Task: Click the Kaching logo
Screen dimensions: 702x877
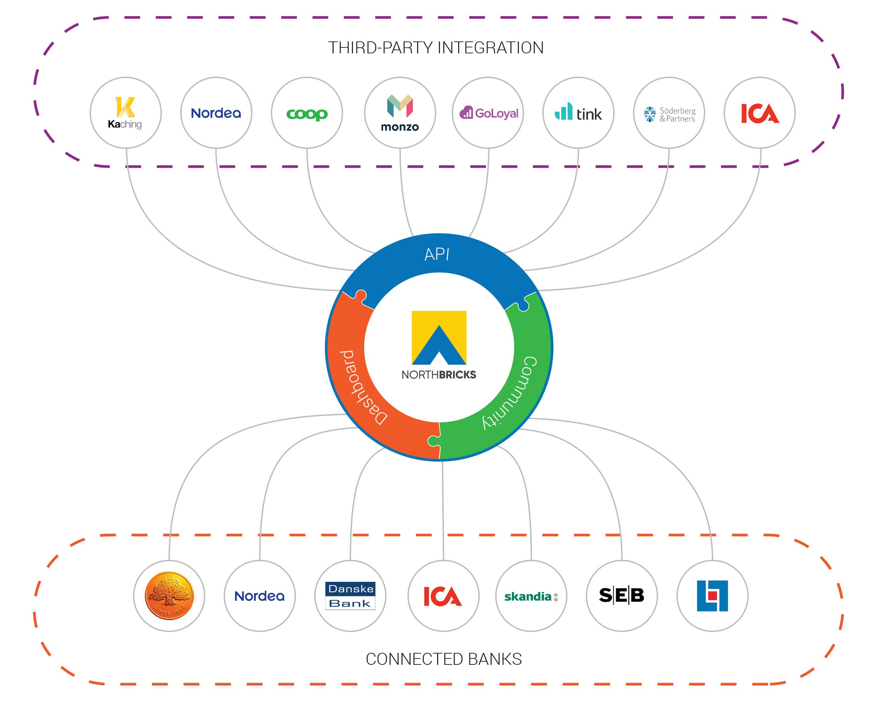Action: pyautogui.click(x=125, y=113)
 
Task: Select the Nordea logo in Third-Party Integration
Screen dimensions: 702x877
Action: pyautogui.click(x=216, y=113)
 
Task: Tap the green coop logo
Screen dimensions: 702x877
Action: pyautogui.click(x=307, y=114)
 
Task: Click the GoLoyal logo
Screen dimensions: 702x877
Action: pyautogui.click(x=489, y=113)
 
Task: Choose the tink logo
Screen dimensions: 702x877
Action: pyautogui.click(x=578, y=113)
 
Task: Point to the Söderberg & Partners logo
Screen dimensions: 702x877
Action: pyautogui.click(x=669, y=114)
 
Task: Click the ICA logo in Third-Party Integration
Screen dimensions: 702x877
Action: pyautogui.click(x=759, y=113)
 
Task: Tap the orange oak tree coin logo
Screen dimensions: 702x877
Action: pyautogui.click(x=169, y=596)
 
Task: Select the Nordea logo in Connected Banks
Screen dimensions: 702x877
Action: pyautogui.click(x=260, y=596)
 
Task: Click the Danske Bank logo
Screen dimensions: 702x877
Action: pyautogui.click(x=350, y=596)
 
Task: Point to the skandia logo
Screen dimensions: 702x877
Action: pyautogui.click(x=531, y=597)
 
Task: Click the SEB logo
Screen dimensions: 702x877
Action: pyautogui.click(x=622, y=595)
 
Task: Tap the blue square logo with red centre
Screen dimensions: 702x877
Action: pyautogui.click(x=712, y=596)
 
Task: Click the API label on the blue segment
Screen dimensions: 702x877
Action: pyautogui.click(x=437, y=254)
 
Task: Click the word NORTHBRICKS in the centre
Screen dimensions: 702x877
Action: pyautogui.click(x=438, y=375)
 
